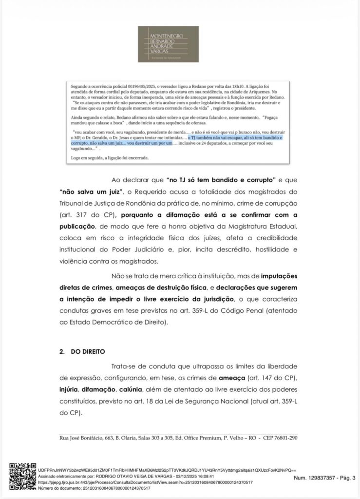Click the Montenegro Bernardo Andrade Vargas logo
(x=168, y=44)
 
